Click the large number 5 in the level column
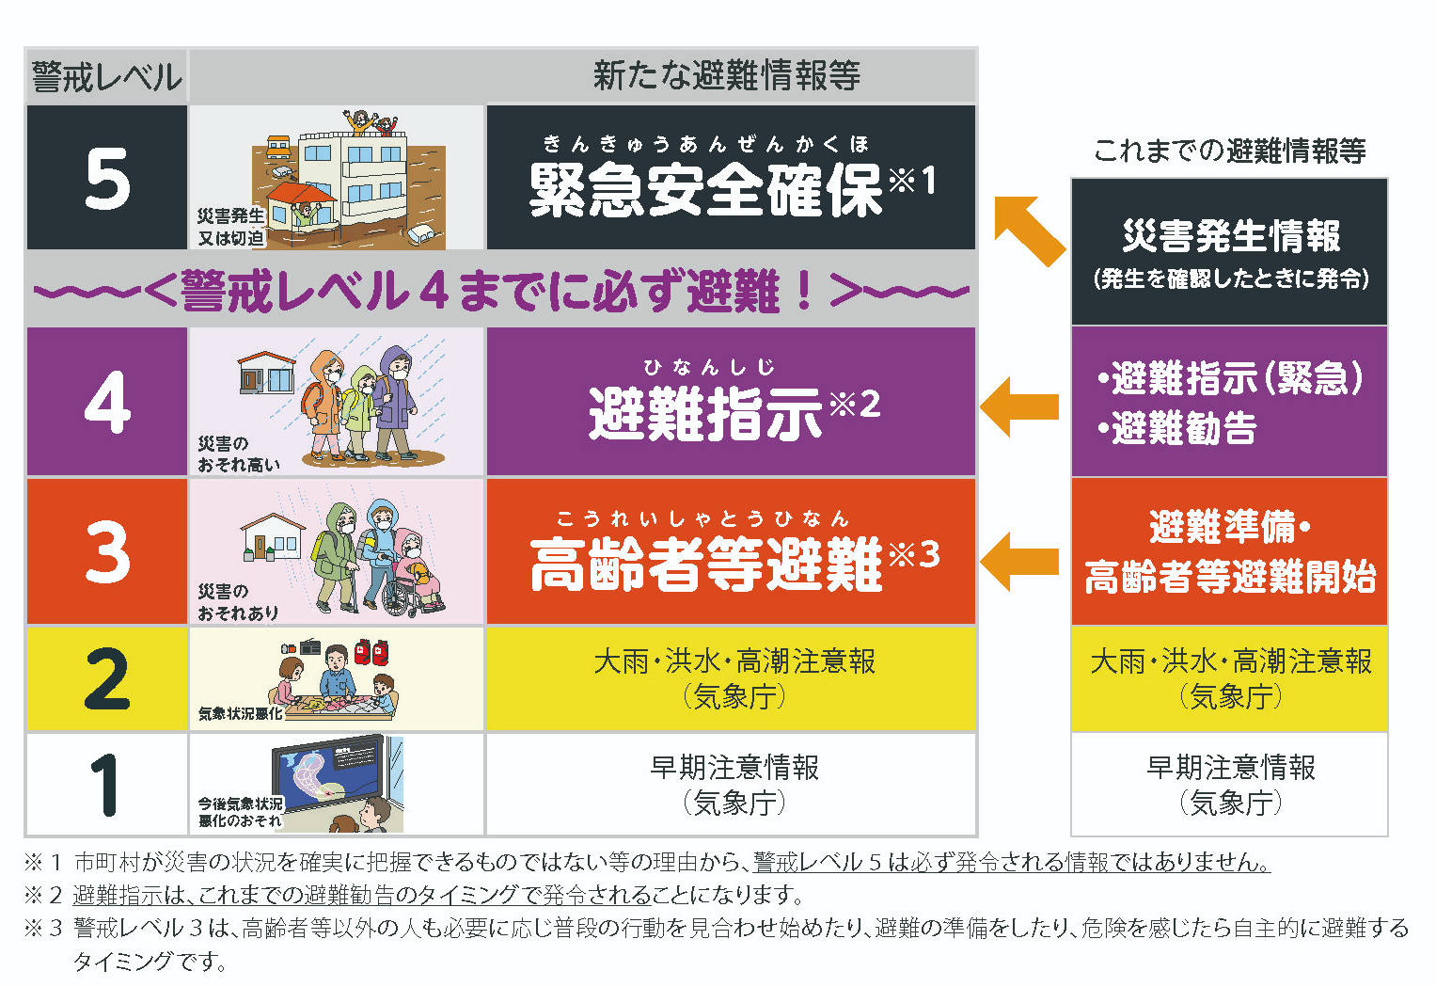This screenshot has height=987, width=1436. tap(108, 178)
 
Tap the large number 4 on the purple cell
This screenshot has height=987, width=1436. tap(108, 402)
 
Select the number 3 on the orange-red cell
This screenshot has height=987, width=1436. tap(108, 551)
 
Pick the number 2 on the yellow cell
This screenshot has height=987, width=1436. tap(107, 677)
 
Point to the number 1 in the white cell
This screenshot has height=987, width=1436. tap(104, 785)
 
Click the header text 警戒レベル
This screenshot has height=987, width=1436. tap(107, 77)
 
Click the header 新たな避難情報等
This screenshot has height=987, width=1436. tap(726, 75)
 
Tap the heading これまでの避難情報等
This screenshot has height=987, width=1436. tap(1229, 151)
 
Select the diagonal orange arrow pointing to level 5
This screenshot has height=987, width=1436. tap(1029, 231)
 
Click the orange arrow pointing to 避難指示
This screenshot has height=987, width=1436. tap(1019, 406)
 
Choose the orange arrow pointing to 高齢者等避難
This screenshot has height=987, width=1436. tap(1019, 561)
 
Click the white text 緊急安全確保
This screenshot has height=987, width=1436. tap(706, 190)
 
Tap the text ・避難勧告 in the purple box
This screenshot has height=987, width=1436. tap(1177, 428)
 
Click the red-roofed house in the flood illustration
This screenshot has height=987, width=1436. tap(301, 209)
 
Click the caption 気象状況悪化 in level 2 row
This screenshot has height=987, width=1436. tap(241, 713)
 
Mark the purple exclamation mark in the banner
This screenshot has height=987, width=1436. tap(804, 291)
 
